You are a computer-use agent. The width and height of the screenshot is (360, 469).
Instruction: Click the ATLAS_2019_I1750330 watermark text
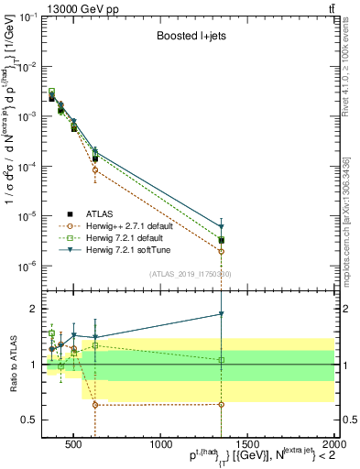(x=191, y=274)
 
